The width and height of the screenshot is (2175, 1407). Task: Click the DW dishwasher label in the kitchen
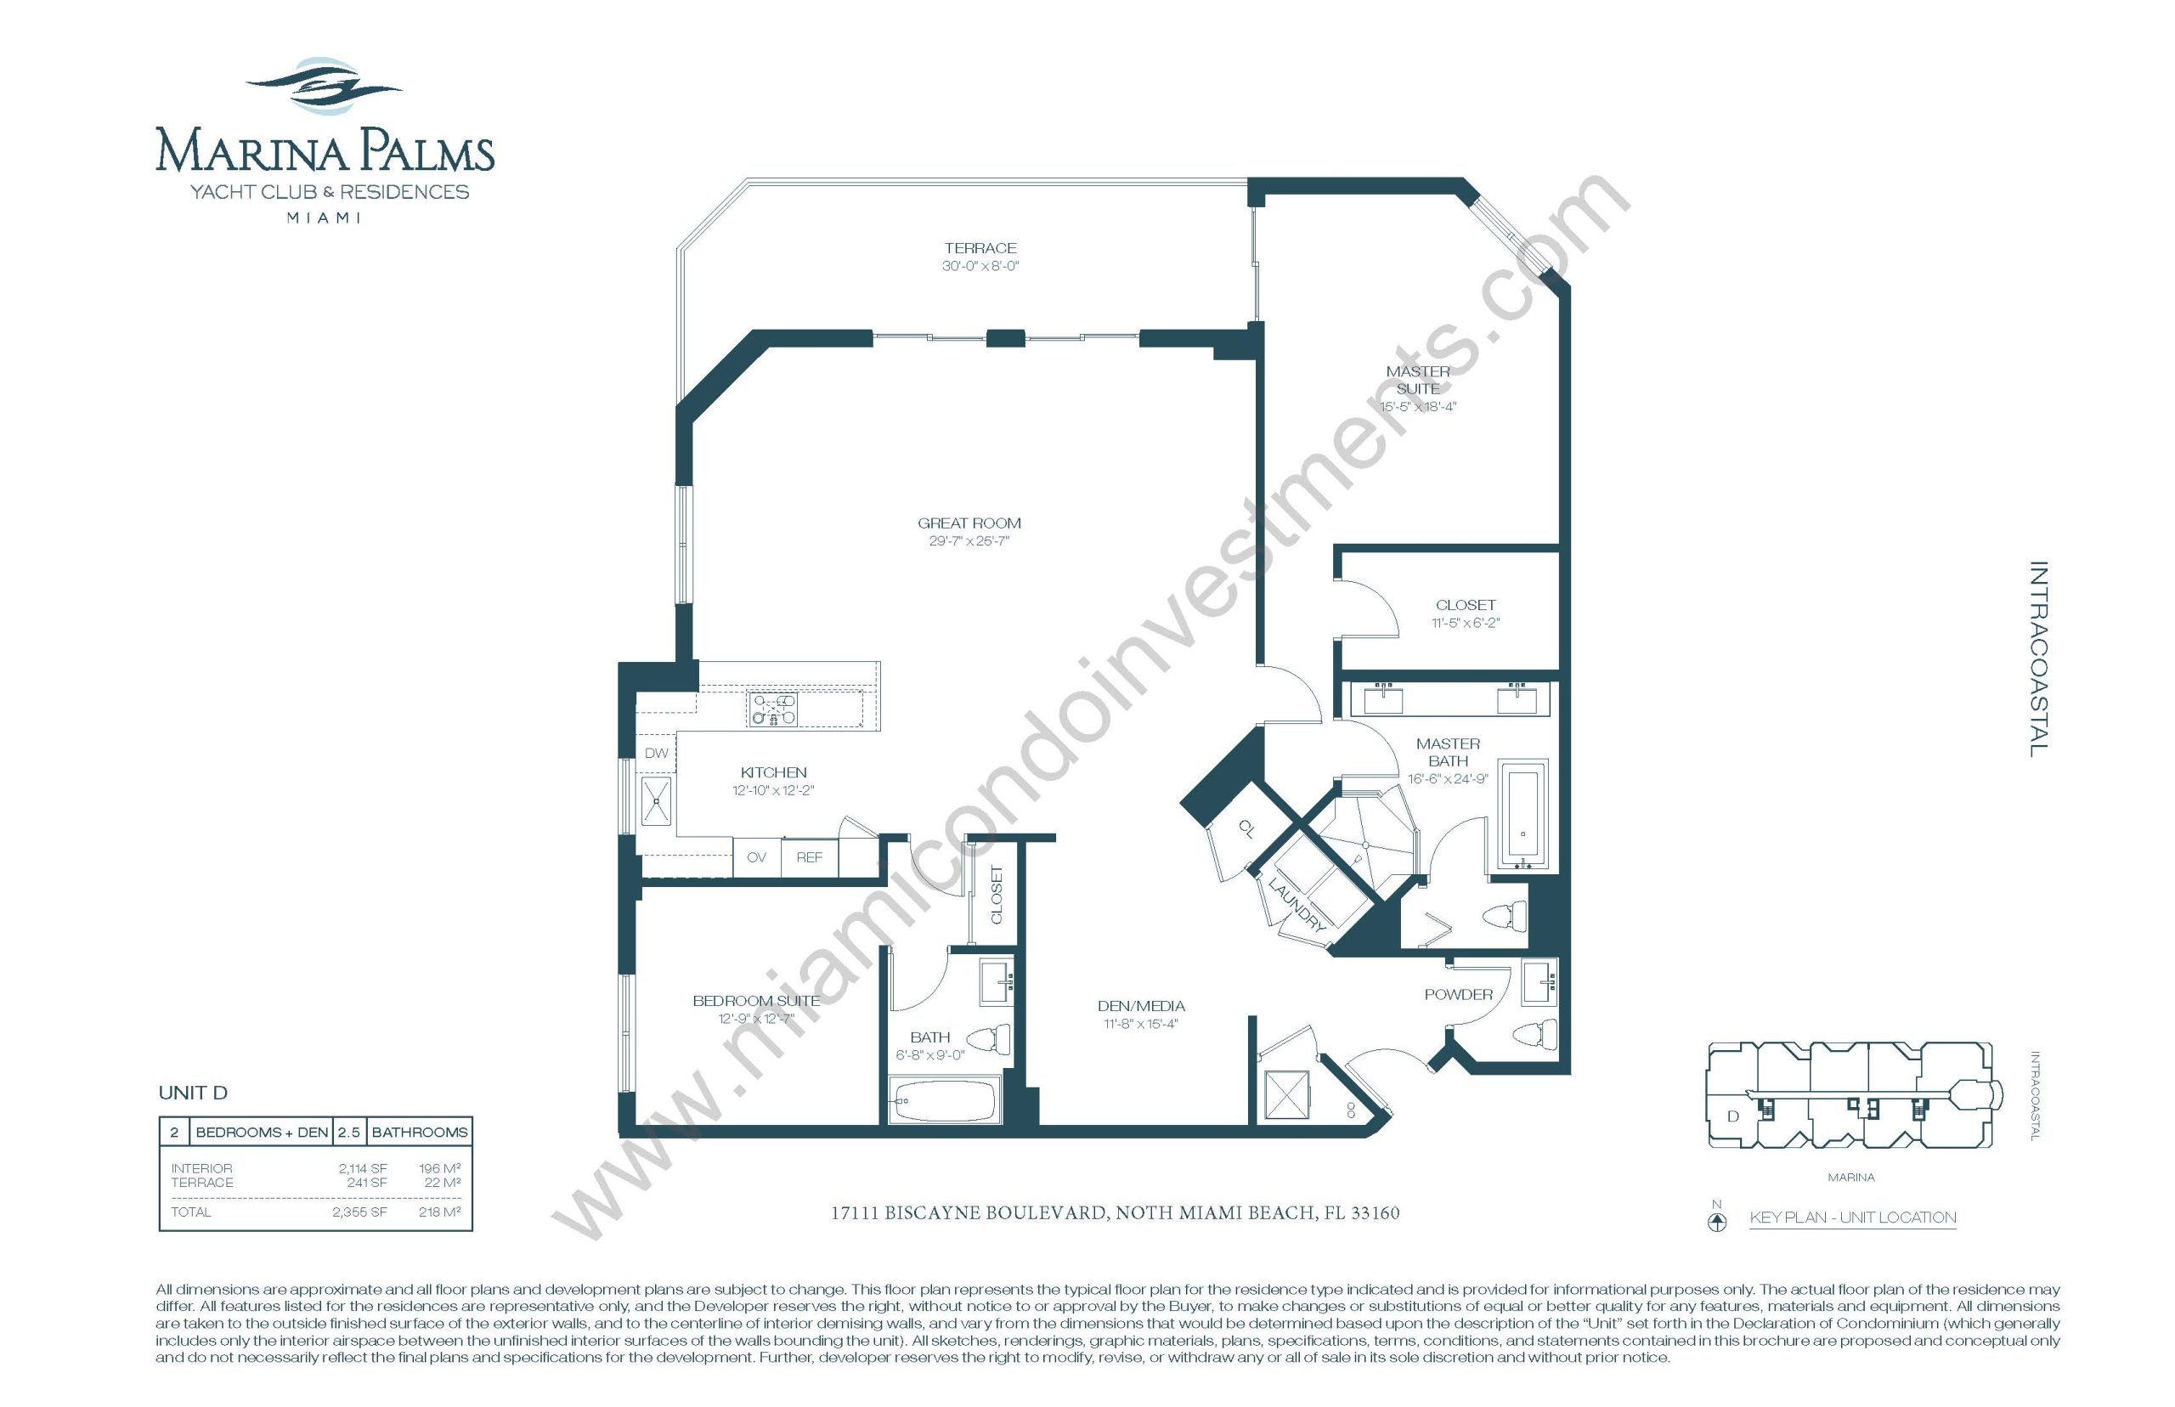[656, 753]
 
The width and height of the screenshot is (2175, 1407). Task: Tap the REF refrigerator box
[810, 857]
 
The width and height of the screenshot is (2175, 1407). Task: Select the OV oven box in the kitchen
[756, 857]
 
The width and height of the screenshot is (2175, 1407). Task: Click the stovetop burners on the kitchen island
[774, 708]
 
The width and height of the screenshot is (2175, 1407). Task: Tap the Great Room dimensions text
[969, 541]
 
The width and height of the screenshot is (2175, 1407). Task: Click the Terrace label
[980, 247]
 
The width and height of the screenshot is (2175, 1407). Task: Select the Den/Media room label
[1141, 1006]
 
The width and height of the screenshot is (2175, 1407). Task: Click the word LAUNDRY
[1297, 905]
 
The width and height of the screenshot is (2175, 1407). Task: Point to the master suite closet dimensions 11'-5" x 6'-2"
[1466, 623]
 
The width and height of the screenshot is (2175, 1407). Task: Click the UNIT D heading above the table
[193, 1093]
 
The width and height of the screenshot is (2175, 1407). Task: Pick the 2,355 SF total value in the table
[359, 1212]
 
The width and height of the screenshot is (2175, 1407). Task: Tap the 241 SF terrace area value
[366, 1182]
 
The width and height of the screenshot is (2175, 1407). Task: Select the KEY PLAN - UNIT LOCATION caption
[1852, 1217]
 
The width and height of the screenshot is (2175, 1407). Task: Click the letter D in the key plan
[1733, 1116]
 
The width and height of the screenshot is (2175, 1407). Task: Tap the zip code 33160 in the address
[1375, 1213]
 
